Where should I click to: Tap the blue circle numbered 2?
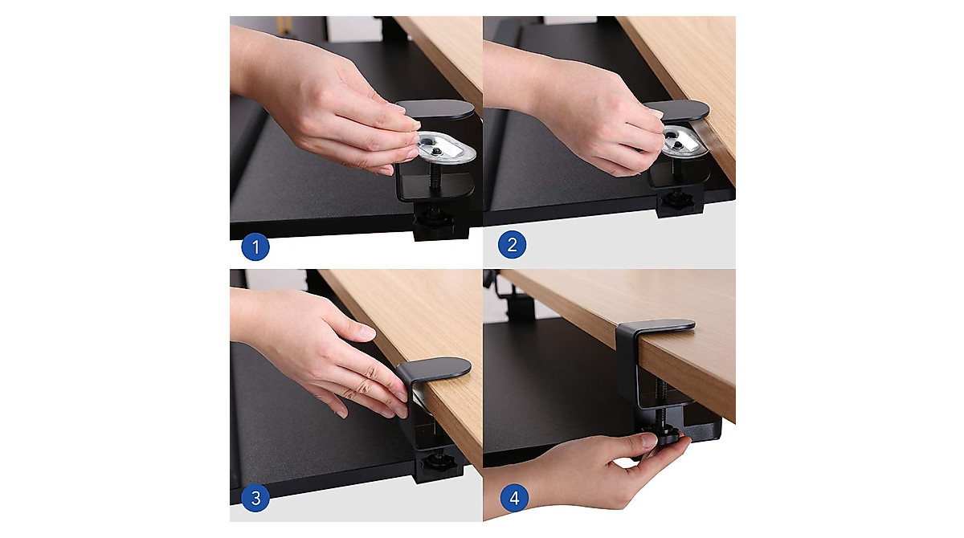click(x=512, y=245)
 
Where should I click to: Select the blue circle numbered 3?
click(x=255, y=499)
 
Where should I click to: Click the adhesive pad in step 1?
click(x=443, y=146)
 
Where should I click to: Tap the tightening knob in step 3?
click(x=439, y=463)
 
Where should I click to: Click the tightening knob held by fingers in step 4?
click(x=665, y=438)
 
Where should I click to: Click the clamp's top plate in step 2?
click(x=680, y=110)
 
